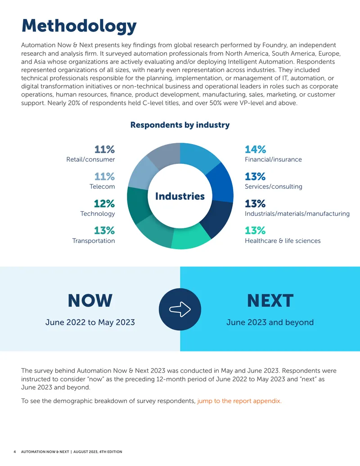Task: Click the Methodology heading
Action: (x=79, y=26)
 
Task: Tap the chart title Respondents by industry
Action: (x=180, y=125)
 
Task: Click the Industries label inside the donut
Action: (x=180, y=196)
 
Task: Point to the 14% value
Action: (x=255, y=149)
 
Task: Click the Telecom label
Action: (x=102, y=187)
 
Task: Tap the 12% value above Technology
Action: (x=104, y=204)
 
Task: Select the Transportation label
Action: (x=94, y=241)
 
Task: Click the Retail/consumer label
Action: (x=90, y=159)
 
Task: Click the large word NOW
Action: (x=90, y=300)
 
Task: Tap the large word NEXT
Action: (x=270, y=300)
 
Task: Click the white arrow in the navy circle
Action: (x=180, y=309)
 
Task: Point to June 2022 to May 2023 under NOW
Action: (x=90, y=322)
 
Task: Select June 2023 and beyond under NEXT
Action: (x=270, y=322)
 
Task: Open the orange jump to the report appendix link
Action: (x=239, y=401)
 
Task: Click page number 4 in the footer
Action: (x=14, y=452)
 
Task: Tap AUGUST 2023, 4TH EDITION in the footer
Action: (x=98, y=452)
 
